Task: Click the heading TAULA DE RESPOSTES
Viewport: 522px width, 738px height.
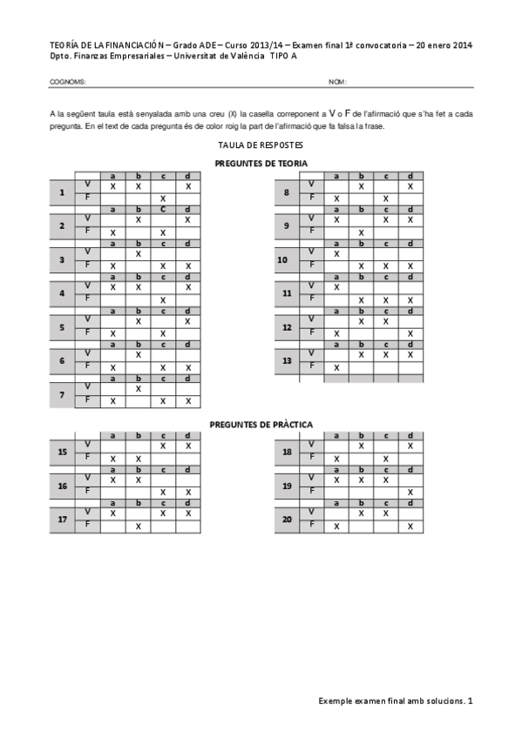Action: pyautogui.click(x=261, y=145)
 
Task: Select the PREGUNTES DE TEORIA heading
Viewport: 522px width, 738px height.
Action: pyautogui.click(x=261, y=163)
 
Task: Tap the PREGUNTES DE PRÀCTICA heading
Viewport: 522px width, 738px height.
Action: pyautogui.click(x=261, y=424)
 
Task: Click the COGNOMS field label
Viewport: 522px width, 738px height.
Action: pyautogui.click(x=68, y=82)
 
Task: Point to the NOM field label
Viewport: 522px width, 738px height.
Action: pyautogui.click(x=337, y=82)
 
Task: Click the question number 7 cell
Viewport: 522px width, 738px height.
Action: pyautogui.click(x=62, y=394)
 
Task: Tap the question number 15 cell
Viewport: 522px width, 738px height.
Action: pyautogui.click(x=62, y=452)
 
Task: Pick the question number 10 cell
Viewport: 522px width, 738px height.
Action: pyautogui.click(x=282, y=259)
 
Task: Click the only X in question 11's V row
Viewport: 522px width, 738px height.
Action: pyautogui.click(x=336, y=286)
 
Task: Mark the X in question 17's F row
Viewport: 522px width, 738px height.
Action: pyautogui.click(x=138, y=526)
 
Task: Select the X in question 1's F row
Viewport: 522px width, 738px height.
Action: pyautogui.click(x=163, y=198)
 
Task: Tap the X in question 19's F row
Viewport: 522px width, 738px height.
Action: pyautogui.click(x=410, y=493)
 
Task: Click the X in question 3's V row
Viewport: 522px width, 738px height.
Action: pyautogui.click(x=138, y=253)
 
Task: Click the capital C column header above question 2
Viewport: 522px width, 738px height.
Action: pyautogui.click(x=163, y=209)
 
